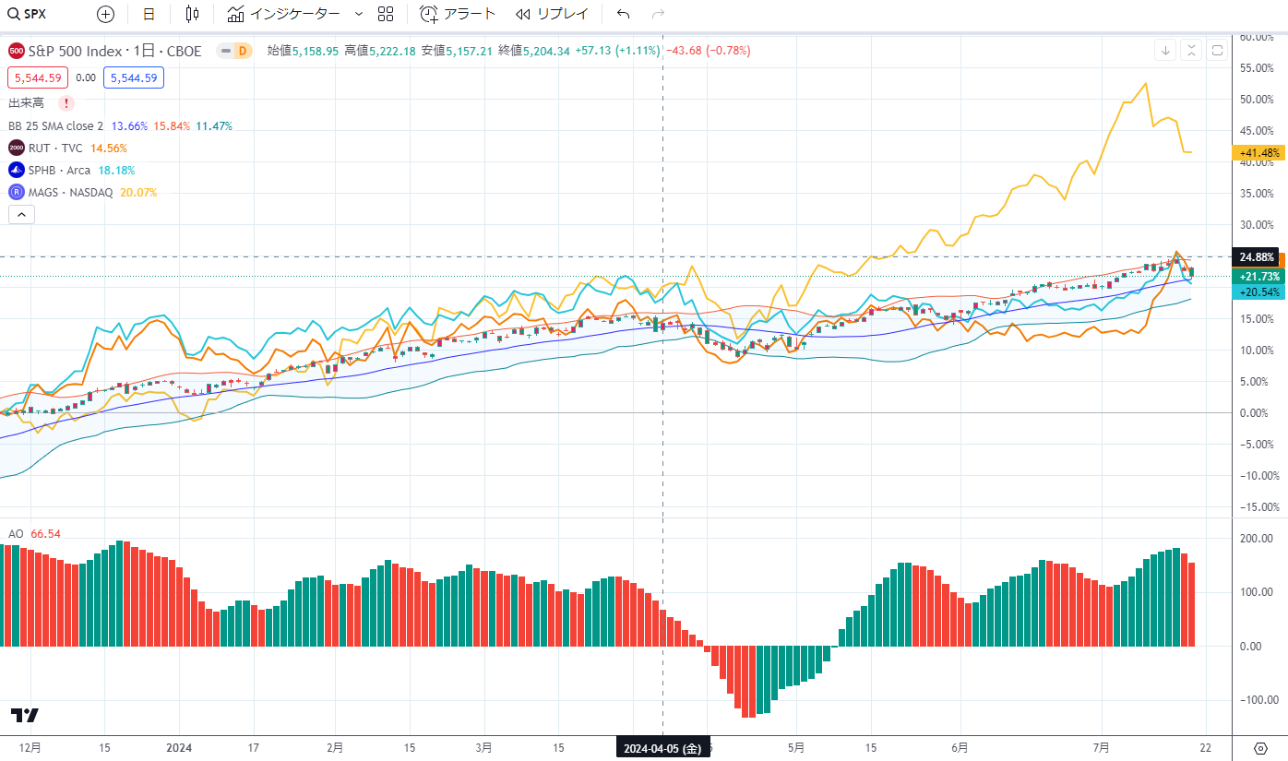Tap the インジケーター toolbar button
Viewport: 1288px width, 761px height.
284,14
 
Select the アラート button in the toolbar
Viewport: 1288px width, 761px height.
458,14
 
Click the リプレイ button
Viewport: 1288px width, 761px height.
551,14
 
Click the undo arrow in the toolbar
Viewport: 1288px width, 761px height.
624,14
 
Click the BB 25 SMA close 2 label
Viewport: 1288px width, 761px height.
55,125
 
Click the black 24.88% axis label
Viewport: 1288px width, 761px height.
1257,257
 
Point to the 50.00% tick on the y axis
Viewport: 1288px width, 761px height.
1258,100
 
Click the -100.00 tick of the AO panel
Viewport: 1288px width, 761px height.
1257,700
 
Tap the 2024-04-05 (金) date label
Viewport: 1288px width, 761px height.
662,748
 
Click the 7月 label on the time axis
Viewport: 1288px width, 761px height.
1100,748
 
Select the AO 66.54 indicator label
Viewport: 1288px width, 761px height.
34,534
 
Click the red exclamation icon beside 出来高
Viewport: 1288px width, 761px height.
66,103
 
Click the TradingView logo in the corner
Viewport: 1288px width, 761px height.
25,716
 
